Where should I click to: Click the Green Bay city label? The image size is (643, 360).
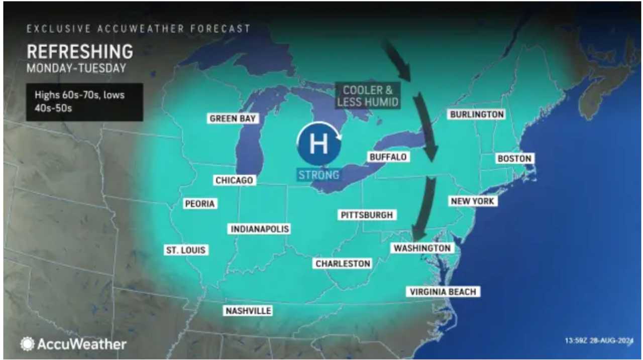[x=233, y=118]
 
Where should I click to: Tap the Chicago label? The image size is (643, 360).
[x=234, y=180]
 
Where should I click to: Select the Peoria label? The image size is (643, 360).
[x=199, y=203]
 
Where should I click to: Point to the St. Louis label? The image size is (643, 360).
[x=186, y=250]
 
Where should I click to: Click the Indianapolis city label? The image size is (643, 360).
[x=260, y=229]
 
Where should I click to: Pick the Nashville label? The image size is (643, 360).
[x=248, y=311]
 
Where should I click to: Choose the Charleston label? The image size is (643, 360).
[x=343, y=263]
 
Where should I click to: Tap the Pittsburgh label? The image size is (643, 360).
[x=366, y=215]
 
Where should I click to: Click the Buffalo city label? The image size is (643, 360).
[x=387, y=157]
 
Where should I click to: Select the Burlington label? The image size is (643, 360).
[x=476, y=114]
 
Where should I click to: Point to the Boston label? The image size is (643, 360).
[x=513, y=159]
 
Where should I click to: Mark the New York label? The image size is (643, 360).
[x=472, y=201]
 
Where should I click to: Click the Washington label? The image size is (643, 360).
[x=422, y=248]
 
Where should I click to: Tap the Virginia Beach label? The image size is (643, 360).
[x=442, y=292]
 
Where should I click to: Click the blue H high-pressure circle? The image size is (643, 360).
[x=318, y=144]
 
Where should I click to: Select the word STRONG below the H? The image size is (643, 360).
[x=318, y=175]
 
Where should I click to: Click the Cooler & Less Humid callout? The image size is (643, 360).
[x=368, y=96]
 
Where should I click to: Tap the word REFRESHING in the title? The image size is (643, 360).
[x=79, y=52]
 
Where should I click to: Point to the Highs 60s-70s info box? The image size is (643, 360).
[x=84, y=102]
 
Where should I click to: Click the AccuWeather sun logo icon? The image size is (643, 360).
[x=27, y=344]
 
